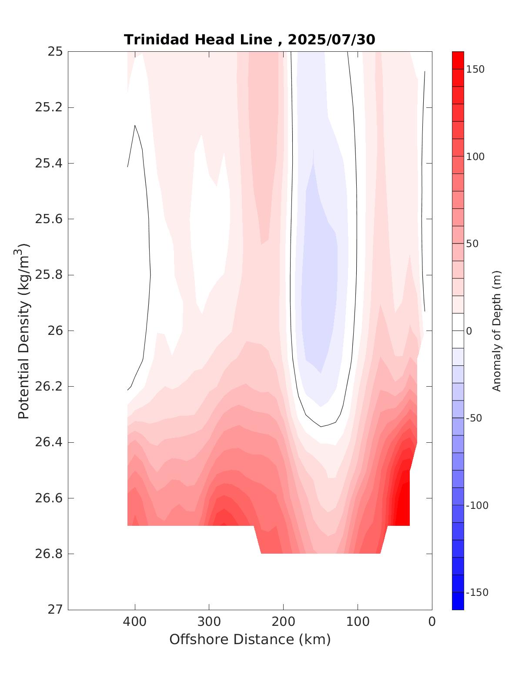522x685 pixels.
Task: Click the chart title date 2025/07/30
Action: click(331, 40)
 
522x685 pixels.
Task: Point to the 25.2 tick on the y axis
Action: click(48, 107)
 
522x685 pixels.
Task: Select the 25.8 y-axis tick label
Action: click(48, 275)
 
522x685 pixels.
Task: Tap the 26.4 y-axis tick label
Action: click(48, 442)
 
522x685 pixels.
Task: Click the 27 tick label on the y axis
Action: click(55, 610)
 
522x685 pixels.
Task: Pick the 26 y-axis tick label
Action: click(55, 331)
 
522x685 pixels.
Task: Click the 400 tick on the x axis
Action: click(135, 622)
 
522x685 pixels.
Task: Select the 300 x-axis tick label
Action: click(209, 622)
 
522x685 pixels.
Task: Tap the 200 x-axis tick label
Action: click(284, 622)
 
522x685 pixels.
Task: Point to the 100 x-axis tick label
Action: click(358, 622)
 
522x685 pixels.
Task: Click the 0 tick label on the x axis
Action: click(432, 622)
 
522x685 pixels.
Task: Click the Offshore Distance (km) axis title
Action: click(250, 640)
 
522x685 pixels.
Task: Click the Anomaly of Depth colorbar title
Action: click(497, 331)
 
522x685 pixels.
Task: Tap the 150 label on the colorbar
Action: click(475, 70)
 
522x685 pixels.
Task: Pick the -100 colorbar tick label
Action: click(477, 505)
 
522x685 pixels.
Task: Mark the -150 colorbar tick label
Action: click(477, 593)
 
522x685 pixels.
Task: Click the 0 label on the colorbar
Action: click(469, 331)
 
